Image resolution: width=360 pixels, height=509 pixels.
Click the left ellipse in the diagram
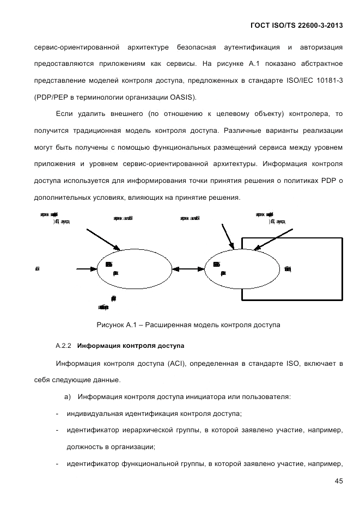[x=133, y=268]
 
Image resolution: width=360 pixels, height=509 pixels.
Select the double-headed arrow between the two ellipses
[x=187, y=268]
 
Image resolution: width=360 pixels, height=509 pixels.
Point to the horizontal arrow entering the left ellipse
[x=86, y=268]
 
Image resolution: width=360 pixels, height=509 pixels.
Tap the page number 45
[x=339, y=481]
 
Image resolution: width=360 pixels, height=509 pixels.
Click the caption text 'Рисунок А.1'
[x=115, y=325]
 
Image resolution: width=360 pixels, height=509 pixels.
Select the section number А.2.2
[x=64, y=346]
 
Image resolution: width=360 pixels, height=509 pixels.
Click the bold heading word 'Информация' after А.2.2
[x=100, y=346]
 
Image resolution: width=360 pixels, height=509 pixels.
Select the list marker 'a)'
[x=68, y=397]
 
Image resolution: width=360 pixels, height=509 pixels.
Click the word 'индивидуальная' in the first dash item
[x=93, y=413]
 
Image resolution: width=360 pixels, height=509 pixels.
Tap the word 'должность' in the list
[x=83, y=447]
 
